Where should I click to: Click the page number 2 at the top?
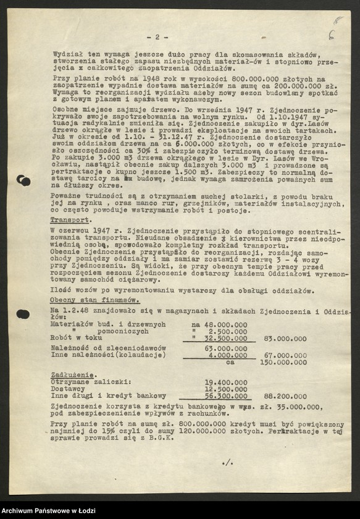(157, 37)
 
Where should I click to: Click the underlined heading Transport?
(71, 219)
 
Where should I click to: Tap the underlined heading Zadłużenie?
(73, 374)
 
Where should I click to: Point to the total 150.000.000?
(283, 362)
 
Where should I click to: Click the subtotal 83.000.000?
(284, 339)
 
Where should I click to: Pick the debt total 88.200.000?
(284, 396)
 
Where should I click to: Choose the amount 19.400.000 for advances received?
(225, 382)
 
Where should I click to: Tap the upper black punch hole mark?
(24, 180)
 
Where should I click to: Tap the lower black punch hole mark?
(23, 314)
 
